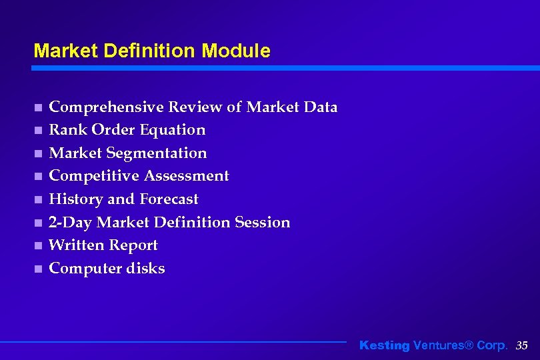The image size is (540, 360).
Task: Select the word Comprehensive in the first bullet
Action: click(107, 107)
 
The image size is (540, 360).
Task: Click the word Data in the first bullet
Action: click(321, 107)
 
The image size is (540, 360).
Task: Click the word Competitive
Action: click(94, 176)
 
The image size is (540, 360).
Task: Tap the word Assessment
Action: click(187, 176)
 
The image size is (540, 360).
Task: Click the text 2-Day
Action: click(71, 223)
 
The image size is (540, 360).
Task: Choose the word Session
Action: click(263, 223)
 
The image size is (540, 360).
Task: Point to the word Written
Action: click(75, 245)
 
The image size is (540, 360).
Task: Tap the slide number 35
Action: click(522, 345)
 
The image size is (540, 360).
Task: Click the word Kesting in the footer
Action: click(385, 345)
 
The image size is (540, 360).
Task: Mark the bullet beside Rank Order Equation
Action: click(38, 131)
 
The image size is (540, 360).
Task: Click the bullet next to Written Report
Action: click(38, 246)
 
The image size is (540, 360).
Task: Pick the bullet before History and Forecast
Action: click(38, 200)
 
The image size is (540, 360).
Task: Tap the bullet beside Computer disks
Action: click(38, 269)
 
